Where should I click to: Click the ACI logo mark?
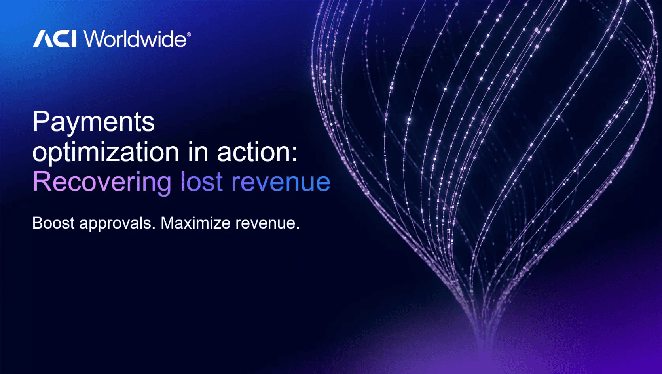tap(55, 39)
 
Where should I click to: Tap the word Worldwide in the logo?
tap(135, 38)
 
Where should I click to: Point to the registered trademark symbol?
tap(189, 34)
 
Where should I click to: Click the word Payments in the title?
tap(94, 122)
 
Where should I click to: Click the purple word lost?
tap(201, 181)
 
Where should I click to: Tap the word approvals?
tap(118, 224)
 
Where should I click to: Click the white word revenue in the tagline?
tap(267, 224)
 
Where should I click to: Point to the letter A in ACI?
tap(43, 39)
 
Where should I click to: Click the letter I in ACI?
tap(73, 39)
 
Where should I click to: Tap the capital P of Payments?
tap(40, 121)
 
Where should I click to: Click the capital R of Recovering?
tap(42, 181)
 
